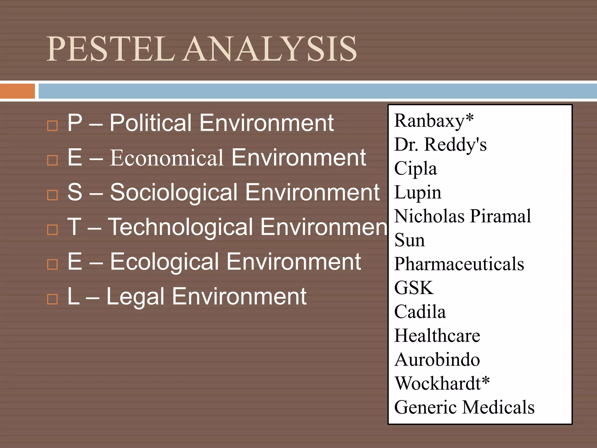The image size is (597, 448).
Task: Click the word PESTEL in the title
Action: [111, 49]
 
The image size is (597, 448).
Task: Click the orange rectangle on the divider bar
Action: [17, 91]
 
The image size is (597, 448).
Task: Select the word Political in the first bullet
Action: [151, 123]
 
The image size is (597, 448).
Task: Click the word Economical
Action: [167, 158]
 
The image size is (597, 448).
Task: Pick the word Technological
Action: [181, 227]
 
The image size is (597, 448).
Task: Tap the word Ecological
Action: [164, 262]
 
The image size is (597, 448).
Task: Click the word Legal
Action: [135, 297]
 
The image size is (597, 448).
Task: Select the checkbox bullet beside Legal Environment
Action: [52, 299]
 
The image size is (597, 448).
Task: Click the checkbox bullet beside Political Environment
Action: [52, 126]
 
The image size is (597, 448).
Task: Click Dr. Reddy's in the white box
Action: [440, 144]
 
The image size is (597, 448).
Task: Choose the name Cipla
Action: [415, 169]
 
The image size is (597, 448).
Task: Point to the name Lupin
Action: [417, 192]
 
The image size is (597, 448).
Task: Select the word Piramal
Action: [501, 216]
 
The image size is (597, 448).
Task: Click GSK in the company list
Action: [414, 288]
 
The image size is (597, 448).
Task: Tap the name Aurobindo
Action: [437, 359]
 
